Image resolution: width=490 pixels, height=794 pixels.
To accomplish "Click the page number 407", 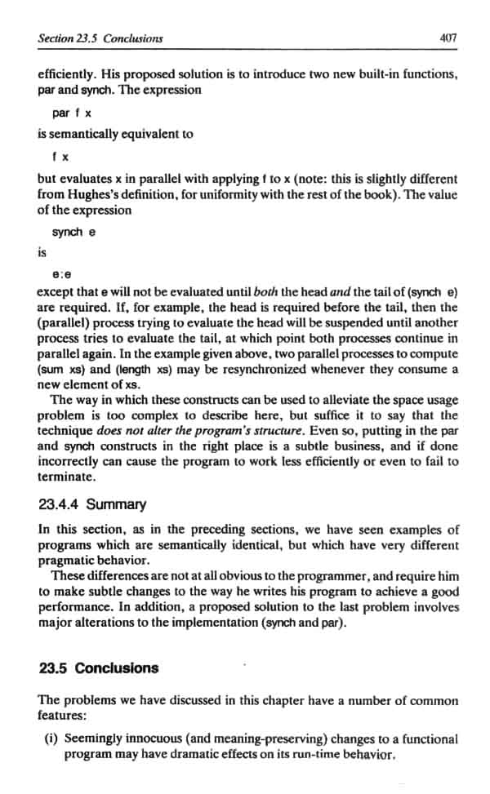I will click(x=447, y=38).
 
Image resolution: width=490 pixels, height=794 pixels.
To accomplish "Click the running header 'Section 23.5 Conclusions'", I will click(x=100, y=38).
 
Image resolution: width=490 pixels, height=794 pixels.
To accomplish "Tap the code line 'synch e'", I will click(x=74, y=232).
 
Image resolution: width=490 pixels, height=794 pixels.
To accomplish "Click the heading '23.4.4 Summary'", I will click(x=92, y=504).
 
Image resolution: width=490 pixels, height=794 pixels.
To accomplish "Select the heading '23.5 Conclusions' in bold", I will click(x=99, y=668).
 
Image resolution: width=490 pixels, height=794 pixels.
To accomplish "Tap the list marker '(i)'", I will click(x=48, y=739).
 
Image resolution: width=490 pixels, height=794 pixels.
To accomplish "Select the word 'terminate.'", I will click(x=67, y=477).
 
